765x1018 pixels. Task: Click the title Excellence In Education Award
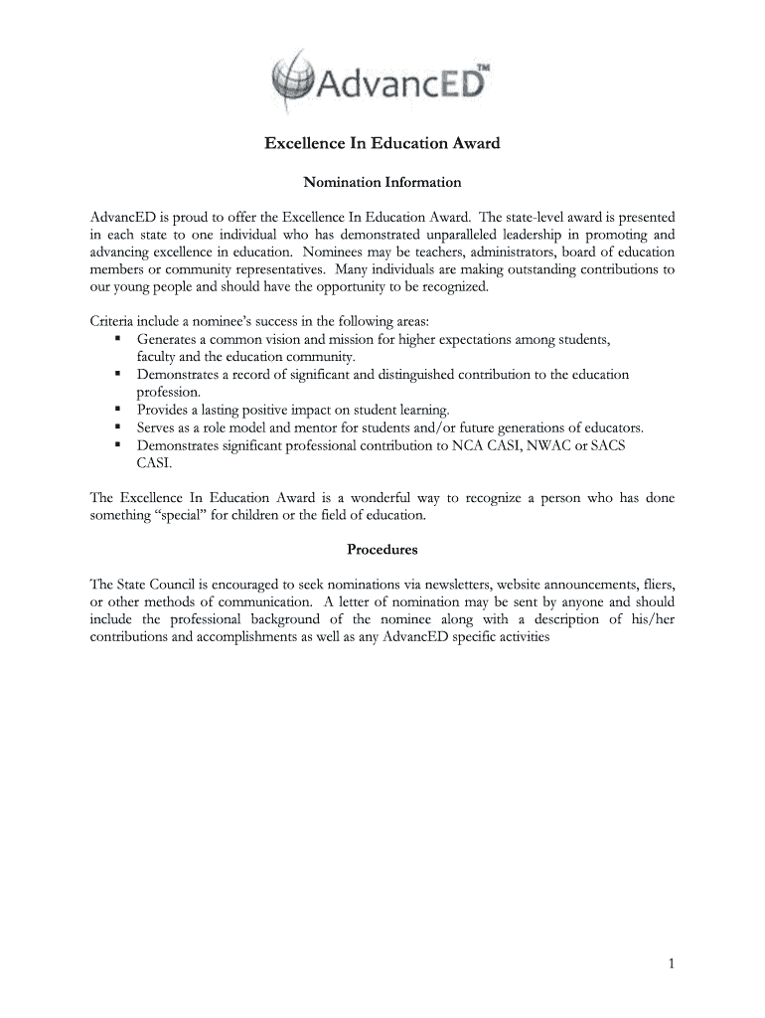[382, 144]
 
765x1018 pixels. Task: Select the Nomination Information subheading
[382, 183]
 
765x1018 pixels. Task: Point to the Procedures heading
[382, 549]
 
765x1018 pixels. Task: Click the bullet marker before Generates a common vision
[117, 340]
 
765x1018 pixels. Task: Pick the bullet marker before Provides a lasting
[117, 410]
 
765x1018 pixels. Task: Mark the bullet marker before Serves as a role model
[117, 427]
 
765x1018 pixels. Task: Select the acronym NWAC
[548, 445]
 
